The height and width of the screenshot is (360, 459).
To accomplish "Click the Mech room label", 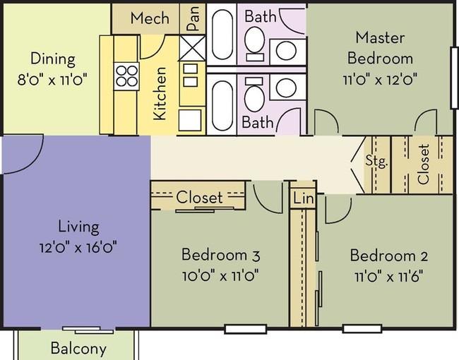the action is pos(150,18).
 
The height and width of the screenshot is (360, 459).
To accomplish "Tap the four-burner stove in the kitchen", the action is pos(126,76).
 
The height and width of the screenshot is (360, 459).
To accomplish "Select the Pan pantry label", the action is pos(193,18).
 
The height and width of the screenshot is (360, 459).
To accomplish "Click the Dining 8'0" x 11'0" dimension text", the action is pos(52,80).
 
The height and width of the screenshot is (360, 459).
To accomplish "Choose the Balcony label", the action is pos(78,348).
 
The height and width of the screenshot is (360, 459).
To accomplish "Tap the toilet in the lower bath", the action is pos(254,95).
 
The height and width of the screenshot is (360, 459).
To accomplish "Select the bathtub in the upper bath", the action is pos(222,35).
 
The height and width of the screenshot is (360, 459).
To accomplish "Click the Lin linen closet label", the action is pos(304,198).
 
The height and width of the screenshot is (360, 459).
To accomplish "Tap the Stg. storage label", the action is pos(377,161).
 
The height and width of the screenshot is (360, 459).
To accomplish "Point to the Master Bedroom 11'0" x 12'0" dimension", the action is pos(380,79).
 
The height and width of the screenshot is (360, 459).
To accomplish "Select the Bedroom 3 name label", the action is pos(220,255).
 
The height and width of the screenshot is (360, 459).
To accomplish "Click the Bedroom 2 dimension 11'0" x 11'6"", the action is pos(389,276).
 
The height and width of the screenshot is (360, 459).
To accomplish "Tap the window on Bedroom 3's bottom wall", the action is pos(246,329).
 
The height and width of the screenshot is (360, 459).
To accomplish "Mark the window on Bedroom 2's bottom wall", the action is pos(362,329).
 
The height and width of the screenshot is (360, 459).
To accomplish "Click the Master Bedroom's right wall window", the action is pos(455,78).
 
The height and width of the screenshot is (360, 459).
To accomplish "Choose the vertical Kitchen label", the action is pos(160,93).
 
